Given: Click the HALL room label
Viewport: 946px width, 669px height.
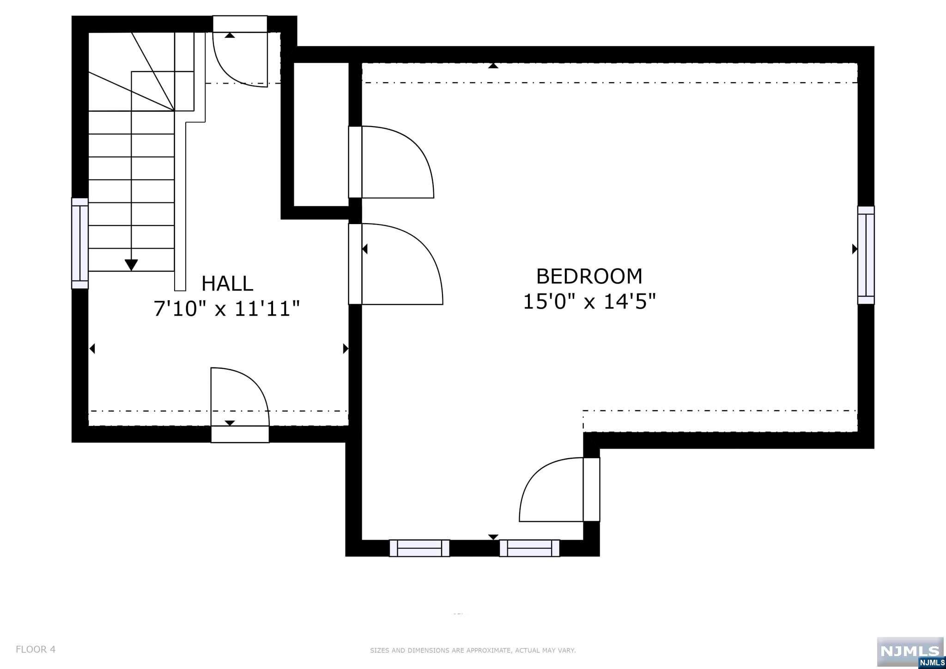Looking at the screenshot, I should click(227, 283).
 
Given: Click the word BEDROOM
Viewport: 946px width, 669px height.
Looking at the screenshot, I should click(589, 276).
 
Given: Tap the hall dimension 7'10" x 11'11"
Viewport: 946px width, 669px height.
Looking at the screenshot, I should click(227, 309).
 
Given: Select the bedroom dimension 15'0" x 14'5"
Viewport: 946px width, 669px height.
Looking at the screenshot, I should click(589, 302).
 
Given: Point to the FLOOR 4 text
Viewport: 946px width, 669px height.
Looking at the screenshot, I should click(36, 649).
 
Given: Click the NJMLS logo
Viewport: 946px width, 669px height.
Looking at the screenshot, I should click(910, 651).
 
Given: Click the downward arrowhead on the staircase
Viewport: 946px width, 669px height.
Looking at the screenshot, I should click(132, 265).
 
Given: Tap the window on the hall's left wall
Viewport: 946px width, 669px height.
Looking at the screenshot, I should click(79, 243).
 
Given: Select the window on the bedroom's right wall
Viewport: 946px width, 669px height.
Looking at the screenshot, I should click(866, 255).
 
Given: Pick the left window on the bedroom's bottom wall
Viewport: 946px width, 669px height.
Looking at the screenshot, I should click(419, 548).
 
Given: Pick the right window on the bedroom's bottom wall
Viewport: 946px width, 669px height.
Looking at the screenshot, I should click(529, 548).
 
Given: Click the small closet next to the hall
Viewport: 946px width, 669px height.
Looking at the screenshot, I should click(321, 134).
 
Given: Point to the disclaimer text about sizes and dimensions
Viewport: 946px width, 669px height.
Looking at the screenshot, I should click(473, 651).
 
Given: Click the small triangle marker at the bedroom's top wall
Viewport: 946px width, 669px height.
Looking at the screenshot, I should click(493, 66).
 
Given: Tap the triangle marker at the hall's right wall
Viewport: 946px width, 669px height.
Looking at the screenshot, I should click(345, 349).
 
